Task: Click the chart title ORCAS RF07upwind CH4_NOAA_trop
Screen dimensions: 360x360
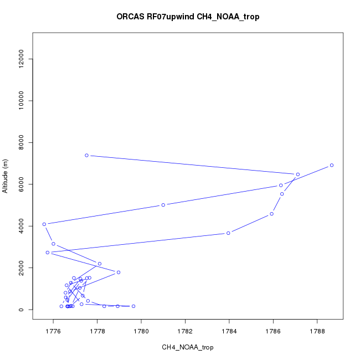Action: click(x=188, y=17)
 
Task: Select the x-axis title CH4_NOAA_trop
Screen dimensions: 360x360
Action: click(x=187, y=347)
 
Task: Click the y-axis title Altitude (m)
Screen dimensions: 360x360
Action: click(x=6, y=176)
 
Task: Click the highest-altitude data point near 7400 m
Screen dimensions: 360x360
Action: click(x=86, y=155)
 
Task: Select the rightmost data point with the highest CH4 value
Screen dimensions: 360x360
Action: click(x=332, y=165)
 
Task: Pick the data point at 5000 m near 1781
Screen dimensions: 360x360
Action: click(x=163, y=205)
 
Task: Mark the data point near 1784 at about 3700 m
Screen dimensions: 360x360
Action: click(x=228, y=233)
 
